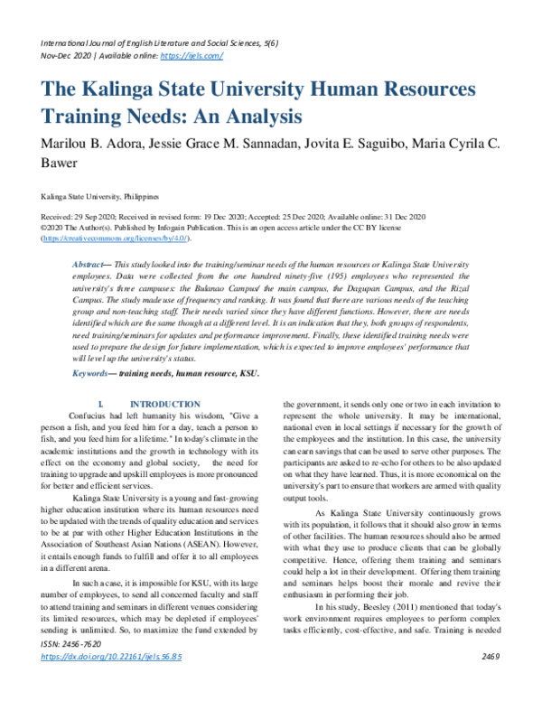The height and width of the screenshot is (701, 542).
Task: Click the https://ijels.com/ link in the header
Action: pyautogui.click(x=191, y=55)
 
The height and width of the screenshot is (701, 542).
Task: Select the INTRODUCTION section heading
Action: pyautogui.click(x=164, y=404)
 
